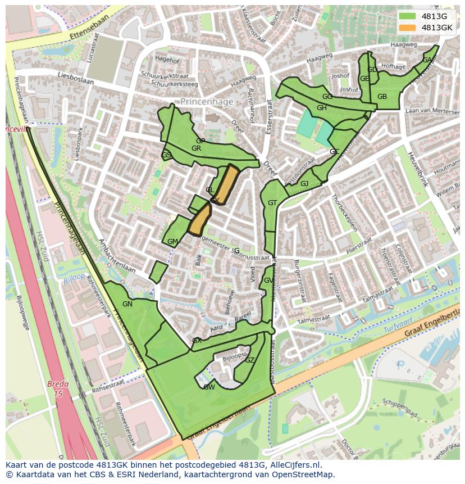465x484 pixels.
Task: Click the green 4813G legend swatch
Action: click(408, 16)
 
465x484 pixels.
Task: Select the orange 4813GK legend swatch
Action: click(408, 27)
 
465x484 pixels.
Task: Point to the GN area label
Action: click(127, 304)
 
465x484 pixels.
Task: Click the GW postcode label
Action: click(209, 387)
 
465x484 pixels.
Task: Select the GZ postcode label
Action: click(250, 360)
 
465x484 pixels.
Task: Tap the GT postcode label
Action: click(272, 203)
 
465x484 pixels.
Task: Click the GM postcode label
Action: click(172, 242)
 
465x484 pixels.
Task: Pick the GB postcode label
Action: click(382, 97)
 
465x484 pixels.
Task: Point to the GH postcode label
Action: click(321, 108)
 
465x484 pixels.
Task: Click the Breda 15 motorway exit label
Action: click(57, 389)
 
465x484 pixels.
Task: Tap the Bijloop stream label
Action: click(74, 278)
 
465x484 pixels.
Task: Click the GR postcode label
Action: click(196, 148)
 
